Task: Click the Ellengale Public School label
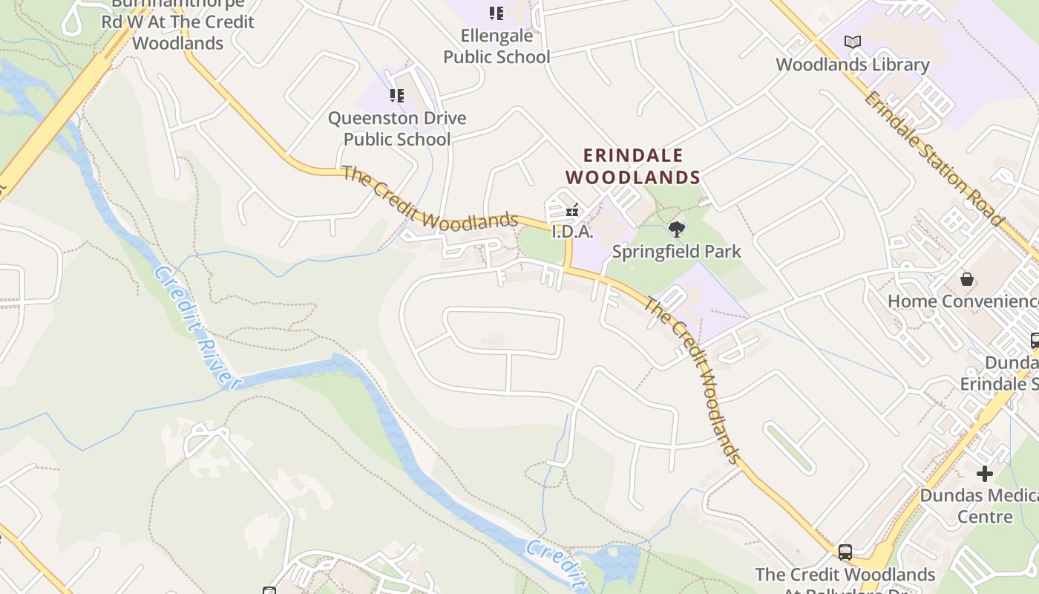pos(496,46)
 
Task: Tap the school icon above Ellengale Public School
pos(496,13)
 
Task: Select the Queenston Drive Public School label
pos(397,128)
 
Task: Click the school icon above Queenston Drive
pos(397,96)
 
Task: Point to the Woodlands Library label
pos(853,65)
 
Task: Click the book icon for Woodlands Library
pos(853,42)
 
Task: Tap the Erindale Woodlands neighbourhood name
pos(633,166)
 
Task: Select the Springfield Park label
pos(676,252)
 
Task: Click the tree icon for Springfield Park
pos(676,229)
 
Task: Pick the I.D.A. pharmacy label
pos(573,232)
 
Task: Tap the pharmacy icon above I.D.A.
pos(572,211)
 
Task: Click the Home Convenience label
pos(963,301)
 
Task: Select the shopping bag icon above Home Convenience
pos(967,279)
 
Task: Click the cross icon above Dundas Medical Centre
pos(985,474)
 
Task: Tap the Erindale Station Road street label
pos(934,157)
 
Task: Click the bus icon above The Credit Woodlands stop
pos(845,552)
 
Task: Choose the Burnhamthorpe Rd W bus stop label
pos(178,23)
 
